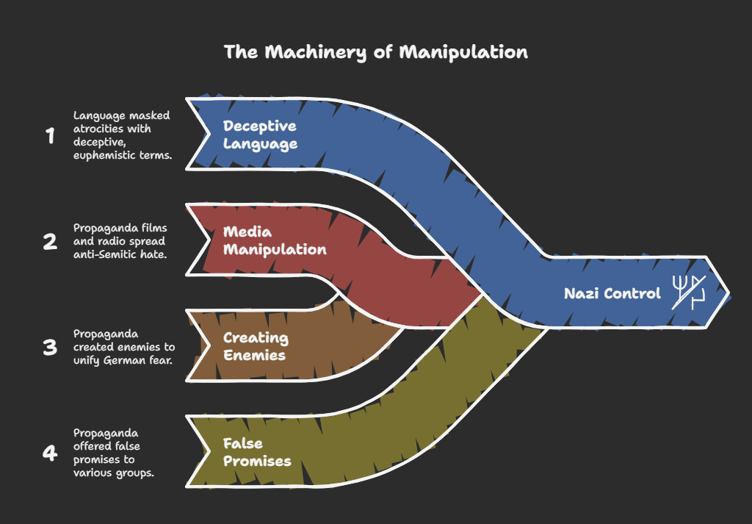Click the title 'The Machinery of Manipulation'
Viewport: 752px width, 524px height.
(375, 52)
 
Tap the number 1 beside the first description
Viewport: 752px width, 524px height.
(51, 136)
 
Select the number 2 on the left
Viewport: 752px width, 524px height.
(50, 241)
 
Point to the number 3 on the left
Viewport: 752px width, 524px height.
(50, 348)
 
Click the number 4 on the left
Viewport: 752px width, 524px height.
(50, 453)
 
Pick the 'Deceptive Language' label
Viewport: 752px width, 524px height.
(260, 134)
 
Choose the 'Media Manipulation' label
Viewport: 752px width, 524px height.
(275, 240)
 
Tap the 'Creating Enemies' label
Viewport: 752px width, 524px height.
(256, 346)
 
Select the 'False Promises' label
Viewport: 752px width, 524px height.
(257, 452)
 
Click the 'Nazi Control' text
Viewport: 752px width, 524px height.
(612, 293)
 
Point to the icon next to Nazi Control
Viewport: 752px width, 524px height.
(689, 292)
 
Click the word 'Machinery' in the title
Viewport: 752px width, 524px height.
(315, 53)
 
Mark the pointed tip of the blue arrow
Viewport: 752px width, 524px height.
(729, 292)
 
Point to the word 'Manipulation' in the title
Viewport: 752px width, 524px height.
(463, 52)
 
